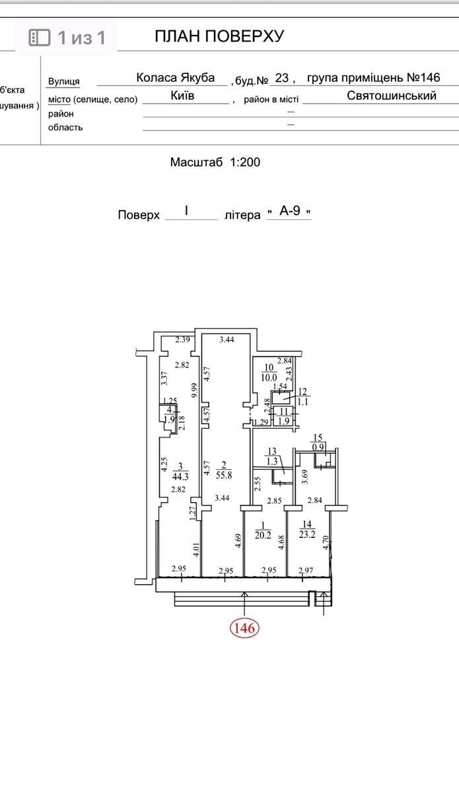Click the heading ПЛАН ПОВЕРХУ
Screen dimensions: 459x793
[x=219, y=36]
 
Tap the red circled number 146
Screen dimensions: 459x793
[x=245, y=628]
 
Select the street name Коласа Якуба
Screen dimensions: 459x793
[x=176, y=77]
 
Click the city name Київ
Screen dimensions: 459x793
[x=182, y=96]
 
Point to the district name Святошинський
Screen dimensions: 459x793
[x=392, y=96]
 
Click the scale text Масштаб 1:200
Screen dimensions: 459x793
[x=215, y=162]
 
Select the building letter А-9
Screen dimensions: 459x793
[x=290, y=211]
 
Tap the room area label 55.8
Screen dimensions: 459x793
[x=224, y=474]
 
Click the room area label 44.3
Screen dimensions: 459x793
[x=180, y=476]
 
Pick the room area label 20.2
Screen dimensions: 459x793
[x=263, y=535]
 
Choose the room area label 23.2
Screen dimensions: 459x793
[x=307, y=534]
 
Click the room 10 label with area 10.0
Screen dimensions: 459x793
[x=269, y=373]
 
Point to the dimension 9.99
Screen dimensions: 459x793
[x=194, y=391]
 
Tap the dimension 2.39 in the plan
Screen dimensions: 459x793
[x=183, y=340]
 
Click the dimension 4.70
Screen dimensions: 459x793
[x=326, y=543]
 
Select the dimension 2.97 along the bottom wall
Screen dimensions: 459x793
[x=306, y=570]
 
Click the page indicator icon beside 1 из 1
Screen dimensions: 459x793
[x=39, y=38]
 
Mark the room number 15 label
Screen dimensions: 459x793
[x=318, y=438]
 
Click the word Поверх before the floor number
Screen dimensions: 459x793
[x=139, y=215]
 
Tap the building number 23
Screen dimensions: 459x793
[x=282, y=77]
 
